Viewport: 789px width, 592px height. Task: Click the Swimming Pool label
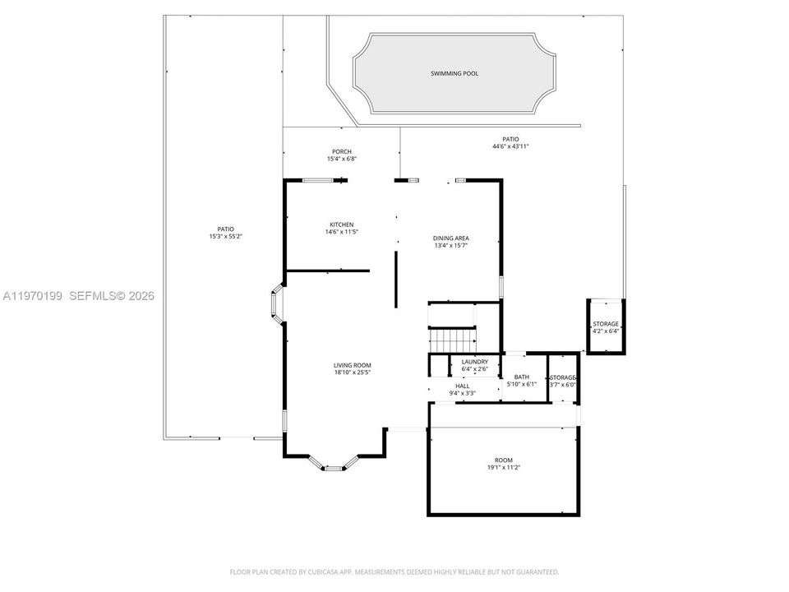[454, 73]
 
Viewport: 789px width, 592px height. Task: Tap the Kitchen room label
[342, 224]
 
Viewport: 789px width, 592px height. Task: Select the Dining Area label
[451, 238]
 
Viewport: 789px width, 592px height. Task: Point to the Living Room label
[353, 365]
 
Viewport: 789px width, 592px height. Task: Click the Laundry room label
[474, 362]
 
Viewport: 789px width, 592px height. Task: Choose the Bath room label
[522, 377]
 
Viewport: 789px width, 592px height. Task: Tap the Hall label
[463, 386]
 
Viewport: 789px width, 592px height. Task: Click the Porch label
[342, 151]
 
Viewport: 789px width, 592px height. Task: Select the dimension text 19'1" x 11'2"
[504, 467]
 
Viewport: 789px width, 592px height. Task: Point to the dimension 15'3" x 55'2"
[226, 236]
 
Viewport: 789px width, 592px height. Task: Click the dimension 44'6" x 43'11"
[510, 146]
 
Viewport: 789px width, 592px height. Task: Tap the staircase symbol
[452, 340]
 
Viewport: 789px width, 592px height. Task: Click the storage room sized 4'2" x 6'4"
[606, 327]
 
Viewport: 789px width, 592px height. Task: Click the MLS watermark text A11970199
[33, 296]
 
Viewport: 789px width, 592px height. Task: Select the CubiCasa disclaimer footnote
[394, 572]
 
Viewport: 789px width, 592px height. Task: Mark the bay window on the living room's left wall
[277, 303]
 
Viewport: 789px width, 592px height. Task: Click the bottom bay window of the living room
[333, 463]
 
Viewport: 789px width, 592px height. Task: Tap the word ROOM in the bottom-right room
[504, 460]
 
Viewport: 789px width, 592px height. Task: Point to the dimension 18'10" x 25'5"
[353, 372]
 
